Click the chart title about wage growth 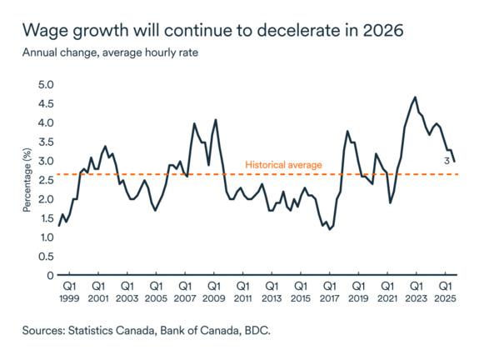tap(212, 32)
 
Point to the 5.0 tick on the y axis tap(45, 85)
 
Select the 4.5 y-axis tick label tap(45, 104)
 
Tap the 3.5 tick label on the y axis tap(45, 142)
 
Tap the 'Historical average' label tap(283, 165)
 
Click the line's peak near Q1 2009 tap(216, 120)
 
